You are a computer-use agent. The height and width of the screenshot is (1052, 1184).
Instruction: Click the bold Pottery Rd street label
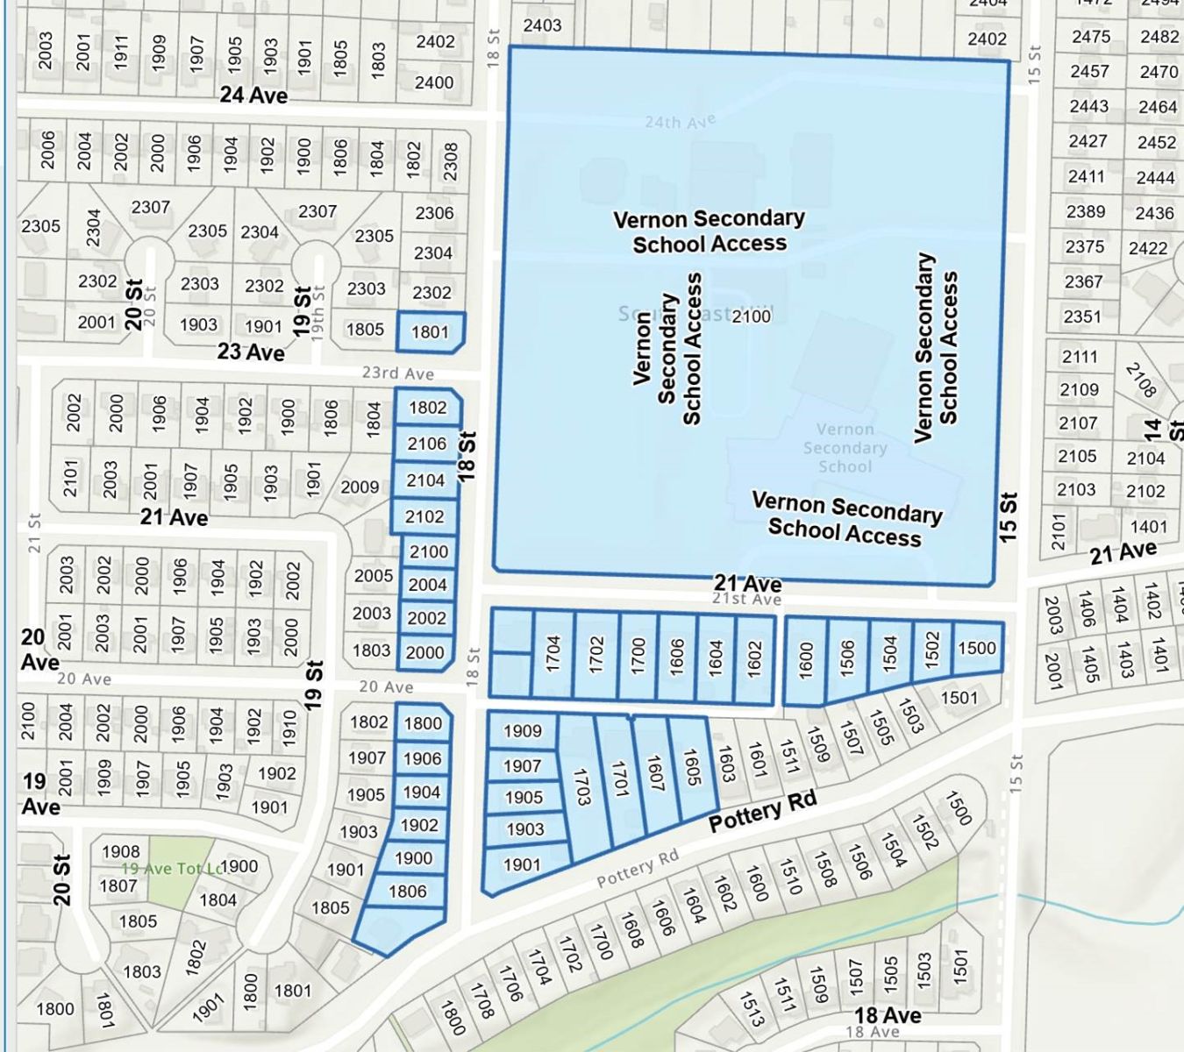(x=762, y=810)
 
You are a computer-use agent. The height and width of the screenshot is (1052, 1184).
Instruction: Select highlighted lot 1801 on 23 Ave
(x=430, y=332)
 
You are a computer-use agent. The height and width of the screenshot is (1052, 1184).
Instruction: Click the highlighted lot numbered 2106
(x=426, y=444)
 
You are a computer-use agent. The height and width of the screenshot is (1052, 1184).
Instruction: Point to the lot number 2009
(x=360, y=487)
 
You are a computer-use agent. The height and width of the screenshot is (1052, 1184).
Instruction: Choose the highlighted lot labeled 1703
(x=581, y=786)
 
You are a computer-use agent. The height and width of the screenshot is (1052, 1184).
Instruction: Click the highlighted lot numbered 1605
(x=692, y=768)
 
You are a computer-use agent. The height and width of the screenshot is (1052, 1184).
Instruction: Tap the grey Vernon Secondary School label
(x=845, y=447)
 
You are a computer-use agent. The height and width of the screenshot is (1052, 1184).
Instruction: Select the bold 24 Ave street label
(x=253, y=95)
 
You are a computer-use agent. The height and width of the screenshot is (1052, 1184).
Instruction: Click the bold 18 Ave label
(x=888, y=1015)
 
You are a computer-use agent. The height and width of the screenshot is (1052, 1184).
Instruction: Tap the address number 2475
(x=1090, y=37)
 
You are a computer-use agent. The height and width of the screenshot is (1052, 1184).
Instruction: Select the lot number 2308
(x=450, y=161)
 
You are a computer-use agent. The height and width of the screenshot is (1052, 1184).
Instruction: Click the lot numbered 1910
(x=290, y=727)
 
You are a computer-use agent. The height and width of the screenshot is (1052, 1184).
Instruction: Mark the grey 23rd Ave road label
(x=398, y=373)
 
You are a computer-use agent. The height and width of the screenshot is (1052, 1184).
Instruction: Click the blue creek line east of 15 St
(x=1096, y=904)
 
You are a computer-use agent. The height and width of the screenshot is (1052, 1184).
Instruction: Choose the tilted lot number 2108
(x=1141, y=379)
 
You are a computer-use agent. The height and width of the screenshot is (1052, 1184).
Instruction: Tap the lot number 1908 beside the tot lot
(x=120, y=851)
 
